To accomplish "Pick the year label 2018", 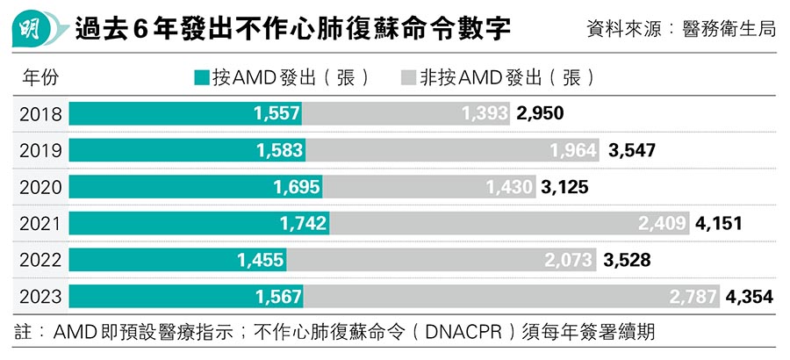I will click(x=39, y=113).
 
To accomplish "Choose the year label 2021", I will click(x=39, y=223).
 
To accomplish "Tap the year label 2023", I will click(x=39, y=297).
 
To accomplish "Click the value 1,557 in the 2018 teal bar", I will click(x=277, y=113).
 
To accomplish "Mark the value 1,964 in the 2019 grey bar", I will click(x=574, y=150).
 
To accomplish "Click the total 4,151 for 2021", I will click(x=718, y=224).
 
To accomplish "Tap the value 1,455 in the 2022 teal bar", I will click(x=261, y=260).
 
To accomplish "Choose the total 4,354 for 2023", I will click(x=750, y=297).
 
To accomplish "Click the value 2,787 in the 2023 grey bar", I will click(x=693, y=297).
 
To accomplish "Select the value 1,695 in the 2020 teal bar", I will click(x=297, y=187).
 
